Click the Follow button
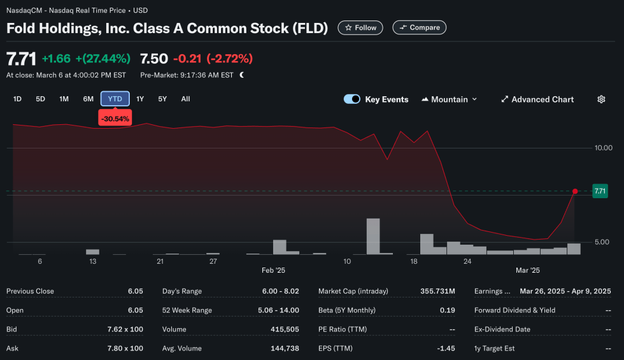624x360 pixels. click(360, 27)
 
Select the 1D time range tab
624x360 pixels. click(17, 99)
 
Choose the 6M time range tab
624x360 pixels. click(88, 99)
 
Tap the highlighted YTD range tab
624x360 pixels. click(115, 99)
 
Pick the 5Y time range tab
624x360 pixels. click(162, 99)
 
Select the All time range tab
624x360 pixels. click(185, 99)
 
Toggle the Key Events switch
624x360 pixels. click(352, 99)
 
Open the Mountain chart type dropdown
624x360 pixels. click(450, 99)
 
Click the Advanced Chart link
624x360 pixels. click(537, 99)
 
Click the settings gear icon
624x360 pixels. click(601, 99)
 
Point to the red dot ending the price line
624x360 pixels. click(575, 191)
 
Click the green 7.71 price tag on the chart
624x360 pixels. click(600, 191)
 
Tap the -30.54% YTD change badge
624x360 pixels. click(115, 119)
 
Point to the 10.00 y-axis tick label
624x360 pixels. click(603, 148)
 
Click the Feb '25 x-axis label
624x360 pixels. click(273, 270)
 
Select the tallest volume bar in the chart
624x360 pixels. click(373, 236)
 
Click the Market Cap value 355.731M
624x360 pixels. click(437, 291)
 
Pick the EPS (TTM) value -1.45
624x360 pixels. click(446, 349)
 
